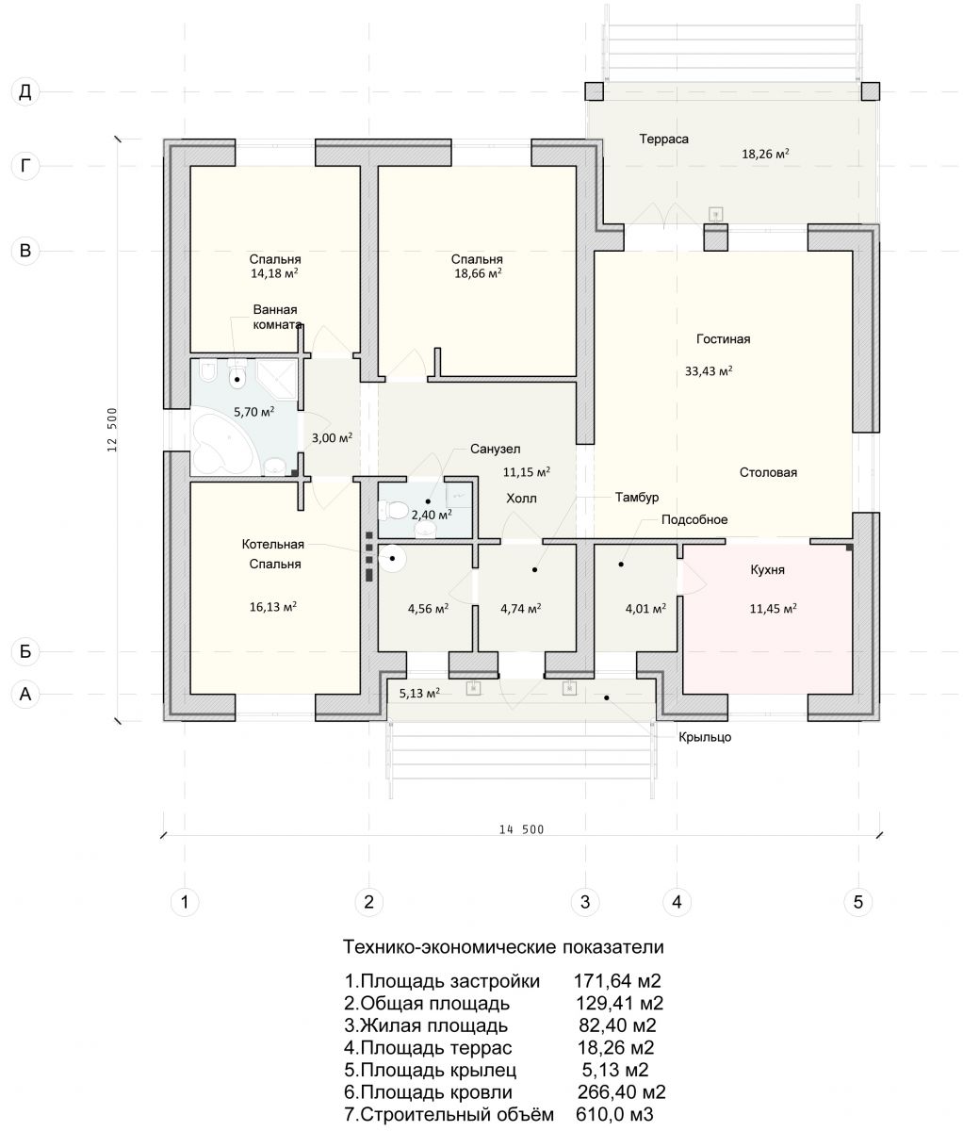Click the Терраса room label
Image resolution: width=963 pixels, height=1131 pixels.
pos(663,139)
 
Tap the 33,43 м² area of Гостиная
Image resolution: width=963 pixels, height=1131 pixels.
pos(709,371)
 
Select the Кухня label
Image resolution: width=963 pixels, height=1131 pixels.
pos(767,569)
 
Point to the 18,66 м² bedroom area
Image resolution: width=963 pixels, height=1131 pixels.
pos(479,273)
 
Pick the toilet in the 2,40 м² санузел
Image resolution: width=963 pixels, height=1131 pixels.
pos(392,511)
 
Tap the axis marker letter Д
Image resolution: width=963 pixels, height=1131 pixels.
pos(25,91)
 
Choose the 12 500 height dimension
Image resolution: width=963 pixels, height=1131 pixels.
pos(113,430)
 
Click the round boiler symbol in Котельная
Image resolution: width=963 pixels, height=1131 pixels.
pos(393,559)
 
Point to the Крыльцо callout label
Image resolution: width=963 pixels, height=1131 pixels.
pos(705,737)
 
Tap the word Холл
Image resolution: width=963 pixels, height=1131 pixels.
pos(521,499)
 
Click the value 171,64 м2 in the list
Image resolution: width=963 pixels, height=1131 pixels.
pos(617,980)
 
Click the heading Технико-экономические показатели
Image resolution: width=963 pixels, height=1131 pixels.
pos(503,947)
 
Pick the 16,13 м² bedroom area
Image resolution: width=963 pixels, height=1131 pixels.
pos(273,606)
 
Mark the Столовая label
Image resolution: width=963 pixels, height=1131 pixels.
pos(768,472)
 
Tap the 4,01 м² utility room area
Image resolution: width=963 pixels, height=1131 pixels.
pos(645,608)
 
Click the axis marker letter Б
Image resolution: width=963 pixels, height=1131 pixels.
pos(25,651)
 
